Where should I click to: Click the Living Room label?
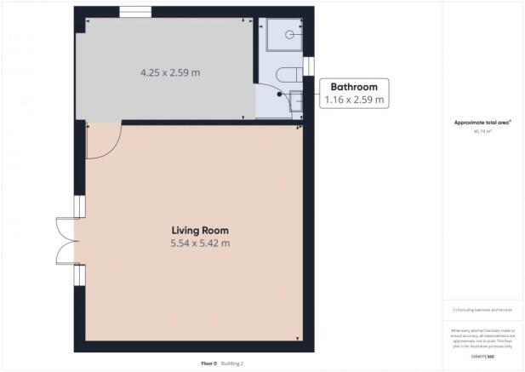click(200, 230)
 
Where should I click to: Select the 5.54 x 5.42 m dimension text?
click(200, 243)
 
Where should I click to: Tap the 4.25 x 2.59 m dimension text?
click(170, 72)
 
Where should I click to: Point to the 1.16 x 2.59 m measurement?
click(354, 100)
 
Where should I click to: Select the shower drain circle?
click(290, 35)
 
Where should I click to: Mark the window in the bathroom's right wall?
click(308, 67)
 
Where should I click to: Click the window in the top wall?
click(135, 12)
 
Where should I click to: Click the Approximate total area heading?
click(482, 123)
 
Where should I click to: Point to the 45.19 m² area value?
click(482, 132)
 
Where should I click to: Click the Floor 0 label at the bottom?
click(208, 363)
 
